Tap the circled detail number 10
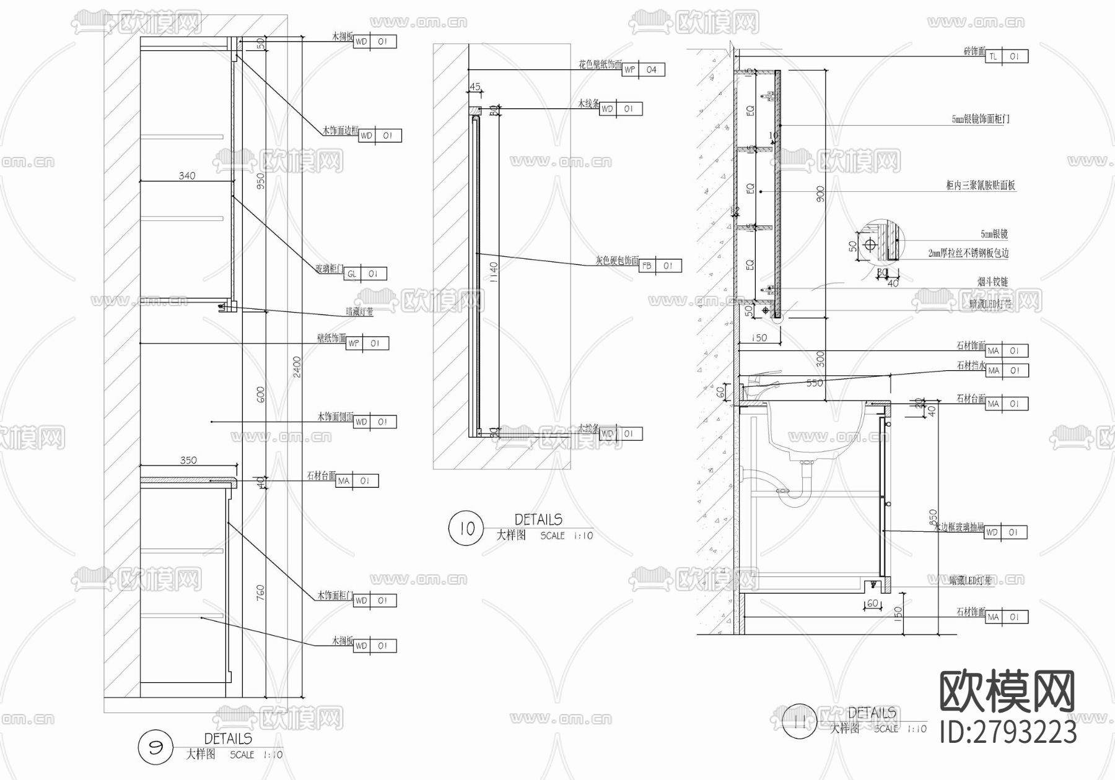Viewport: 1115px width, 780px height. point(466,528)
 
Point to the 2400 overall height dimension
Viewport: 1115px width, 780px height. point(297,367)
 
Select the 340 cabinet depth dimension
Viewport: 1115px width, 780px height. point(187,176)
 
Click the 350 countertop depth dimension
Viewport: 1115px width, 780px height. point(188,460)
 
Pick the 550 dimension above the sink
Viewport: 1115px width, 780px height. point(815,383)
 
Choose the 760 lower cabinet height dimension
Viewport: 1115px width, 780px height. point(261,592)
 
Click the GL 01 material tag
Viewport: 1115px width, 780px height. point(365,274)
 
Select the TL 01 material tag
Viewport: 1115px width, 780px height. point(1007,56)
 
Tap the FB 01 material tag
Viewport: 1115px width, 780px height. point(660,266)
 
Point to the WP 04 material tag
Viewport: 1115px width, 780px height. point(644,70)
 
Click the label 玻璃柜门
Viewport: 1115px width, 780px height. point(329,269)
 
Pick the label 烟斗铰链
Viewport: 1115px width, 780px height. point(992,282)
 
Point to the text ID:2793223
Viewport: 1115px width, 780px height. point(1008,732)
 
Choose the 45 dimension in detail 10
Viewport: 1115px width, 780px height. point(475,87)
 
